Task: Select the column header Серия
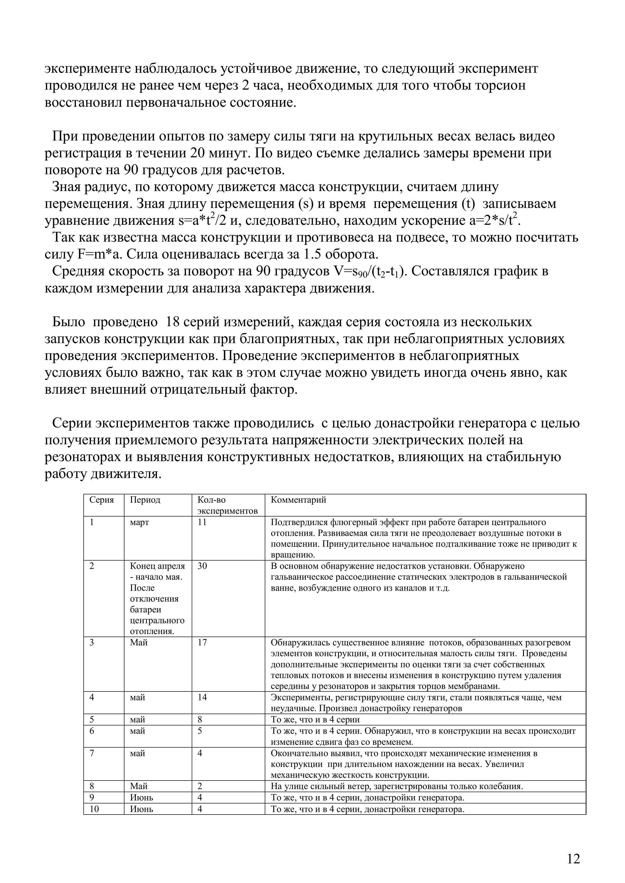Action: (x=102, y=500)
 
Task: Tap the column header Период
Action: (x=145, y=500)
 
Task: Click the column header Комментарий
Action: (x=298, y=500)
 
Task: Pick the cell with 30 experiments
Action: (x=202, y=566)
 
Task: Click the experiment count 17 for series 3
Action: (x=202, y=643)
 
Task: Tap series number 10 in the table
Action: (x=94, y=809)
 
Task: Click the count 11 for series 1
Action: (x=202, y=522)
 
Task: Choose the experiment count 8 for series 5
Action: (x=200, y=720)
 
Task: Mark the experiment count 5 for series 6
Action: (x=200, y=731)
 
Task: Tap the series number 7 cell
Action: (x=92, y=753)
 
